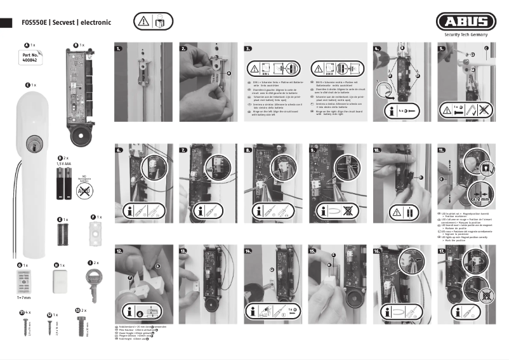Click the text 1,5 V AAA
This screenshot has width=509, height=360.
[x=65, y=163]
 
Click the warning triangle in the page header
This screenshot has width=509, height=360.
[x=143, y=22]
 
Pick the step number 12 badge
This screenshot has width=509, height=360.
[x=119, y=251]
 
